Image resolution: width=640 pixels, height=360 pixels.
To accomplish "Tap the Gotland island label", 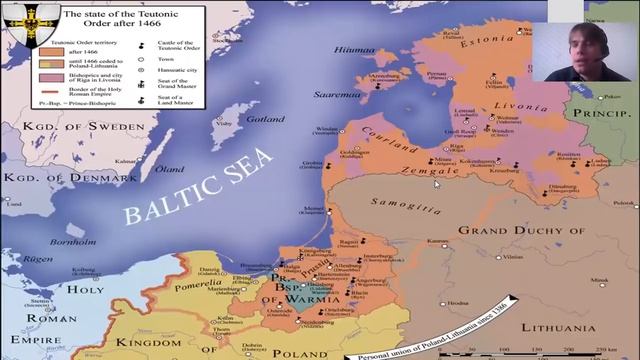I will tap(264, 119).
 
